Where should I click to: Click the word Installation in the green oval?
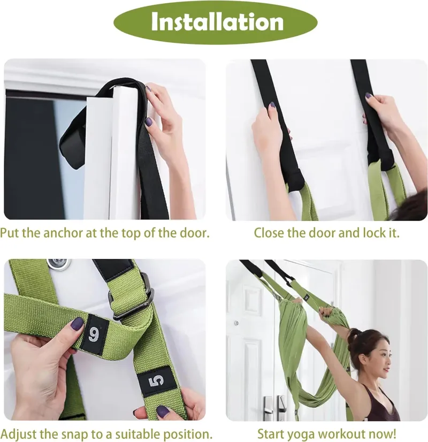tap(217, 22)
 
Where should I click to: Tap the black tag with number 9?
tap(95, 334)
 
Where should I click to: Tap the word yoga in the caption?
tap(301, 434)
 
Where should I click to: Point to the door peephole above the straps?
tap(59, 264)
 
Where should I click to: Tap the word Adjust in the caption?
tap(19, 433)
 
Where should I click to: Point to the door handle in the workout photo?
tap(266, 406)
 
